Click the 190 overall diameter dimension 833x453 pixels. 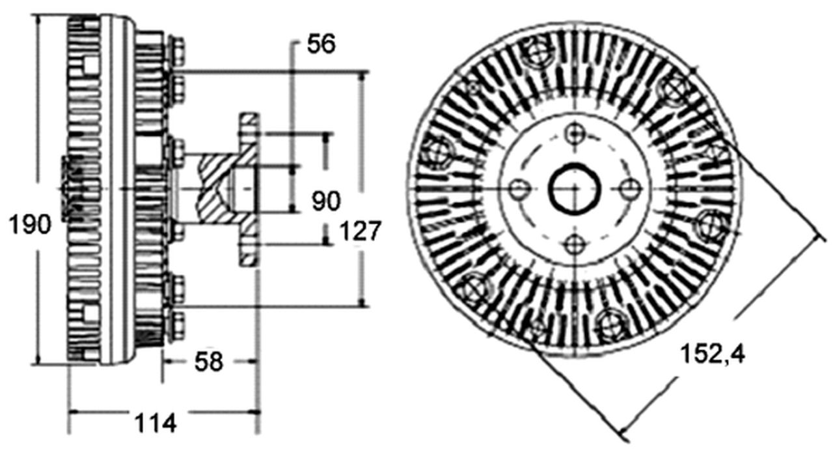29,225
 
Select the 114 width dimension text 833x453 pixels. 156,424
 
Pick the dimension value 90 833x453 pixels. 325,201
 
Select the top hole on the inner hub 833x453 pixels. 574,134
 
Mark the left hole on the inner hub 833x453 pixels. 519,190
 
